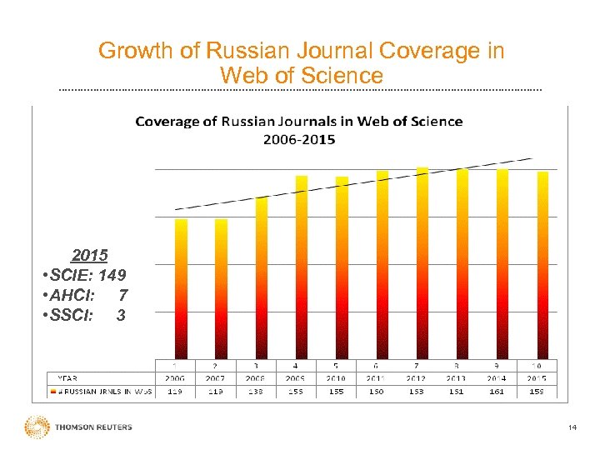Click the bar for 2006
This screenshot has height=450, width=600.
pyautogui.click(x=181, y=288)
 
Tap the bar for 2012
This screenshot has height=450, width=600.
pyautogui.click(x=422, y=262)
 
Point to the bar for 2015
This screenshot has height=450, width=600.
pyautogui.click(x=542, y=265)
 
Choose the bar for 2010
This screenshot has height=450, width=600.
pyautogui.click(x=342, y=267)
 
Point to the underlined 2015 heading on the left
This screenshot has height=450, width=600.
pyautogui.click(x=90, y=254)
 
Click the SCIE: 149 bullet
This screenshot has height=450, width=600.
pyautogui.click(x=83, y=275)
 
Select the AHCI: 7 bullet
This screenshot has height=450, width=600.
pyautogui.click(x=83, y=295)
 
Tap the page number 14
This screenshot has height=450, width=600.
pyautogui.click(x=572, y=427)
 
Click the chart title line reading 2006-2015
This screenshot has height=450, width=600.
pyautogui.click(x=299, y=139)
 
